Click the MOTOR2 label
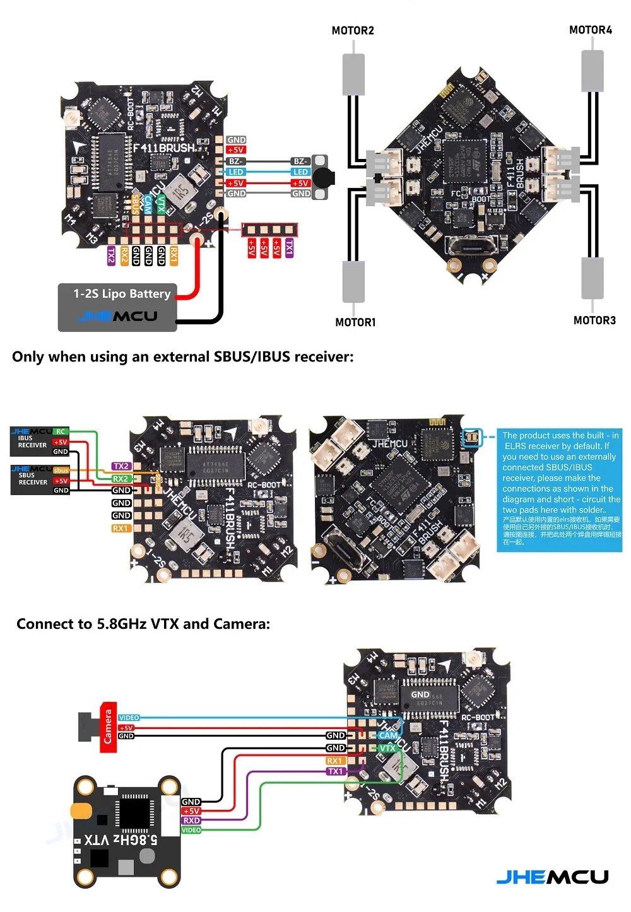point(353,30)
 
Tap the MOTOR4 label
point(590,30)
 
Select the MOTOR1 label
point(355,322)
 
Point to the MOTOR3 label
point(594,320)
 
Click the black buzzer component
point(324,177)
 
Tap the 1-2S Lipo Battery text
point(122,293)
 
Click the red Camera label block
point(108,727)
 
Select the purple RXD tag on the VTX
point(191,821)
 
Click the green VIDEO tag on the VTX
point(191,830)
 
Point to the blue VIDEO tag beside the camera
point(129,718)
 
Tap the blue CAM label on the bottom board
point(388,735)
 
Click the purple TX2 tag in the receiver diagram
point(121,466)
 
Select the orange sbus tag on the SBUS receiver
point(61,471)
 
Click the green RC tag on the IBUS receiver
point(61,432)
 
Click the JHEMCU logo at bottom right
point(552,877)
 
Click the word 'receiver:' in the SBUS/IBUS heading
point(324,357)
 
